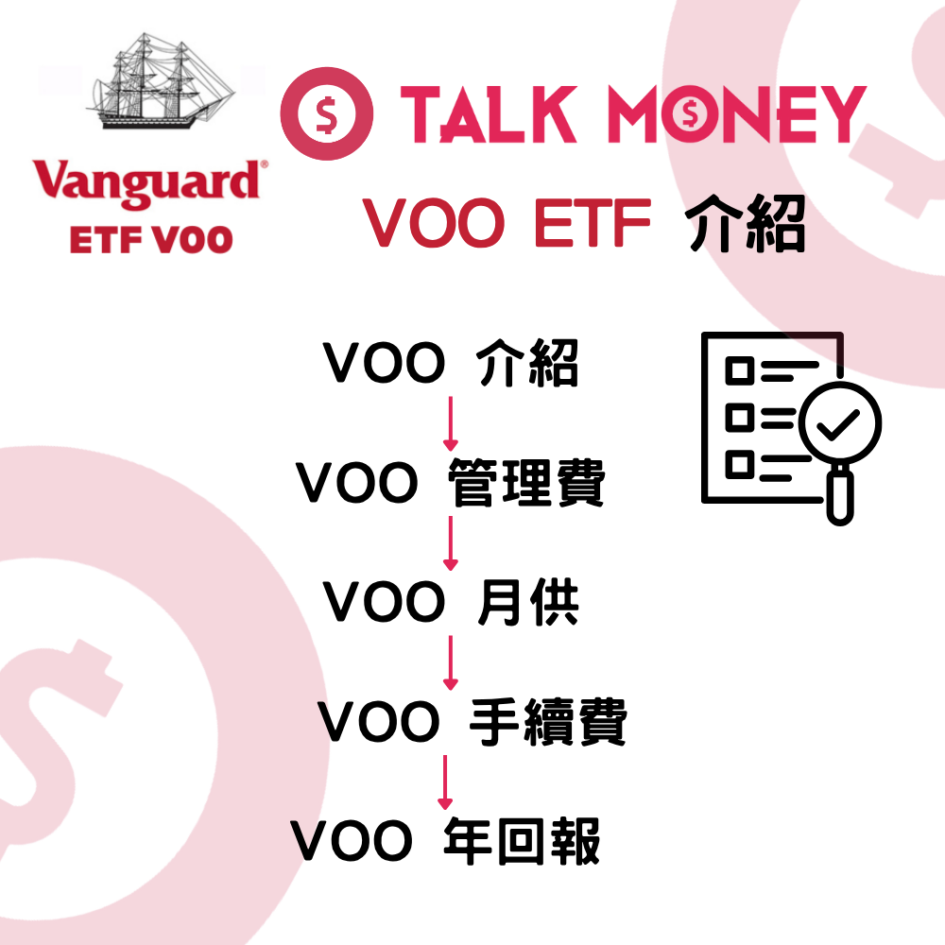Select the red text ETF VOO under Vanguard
150,238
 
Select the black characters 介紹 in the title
747,224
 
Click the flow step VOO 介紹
451,364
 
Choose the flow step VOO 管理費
451,483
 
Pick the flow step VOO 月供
451,602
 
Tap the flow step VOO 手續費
472,723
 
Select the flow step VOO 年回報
445,840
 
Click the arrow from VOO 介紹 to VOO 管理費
451,423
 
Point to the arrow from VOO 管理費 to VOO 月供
451,543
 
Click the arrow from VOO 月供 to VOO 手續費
451,662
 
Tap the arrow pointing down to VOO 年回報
444,782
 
